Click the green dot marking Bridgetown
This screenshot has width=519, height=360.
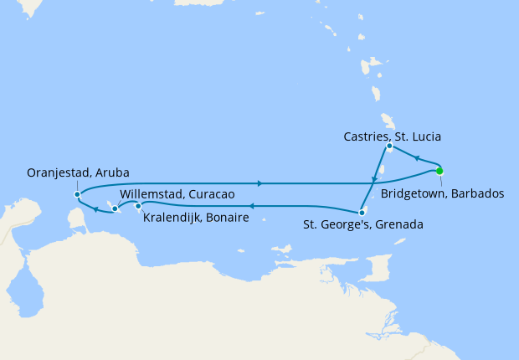coord(439,171)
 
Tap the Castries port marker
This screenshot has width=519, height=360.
coord(389,147)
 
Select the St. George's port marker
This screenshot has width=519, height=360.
coord(362,212)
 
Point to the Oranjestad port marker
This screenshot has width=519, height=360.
coord(77,194)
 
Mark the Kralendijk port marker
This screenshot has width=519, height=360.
coord(138,206)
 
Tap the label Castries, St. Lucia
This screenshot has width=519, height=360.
coord(392,136)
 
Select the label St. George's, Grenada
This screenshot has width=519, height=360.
coord(362,224)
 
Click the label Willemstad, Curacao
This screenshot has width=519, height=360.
coord(176,194)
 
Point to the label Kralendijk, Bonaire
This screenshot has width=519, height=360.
coord(196,218)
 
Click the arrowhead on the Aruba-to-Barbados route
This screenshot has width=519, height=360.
coord(261,183)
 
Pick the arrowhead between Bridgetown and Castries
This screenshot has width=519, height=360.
coord(416,157)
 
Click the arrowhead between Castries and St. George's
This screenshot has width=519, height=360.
coord(373,180)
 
